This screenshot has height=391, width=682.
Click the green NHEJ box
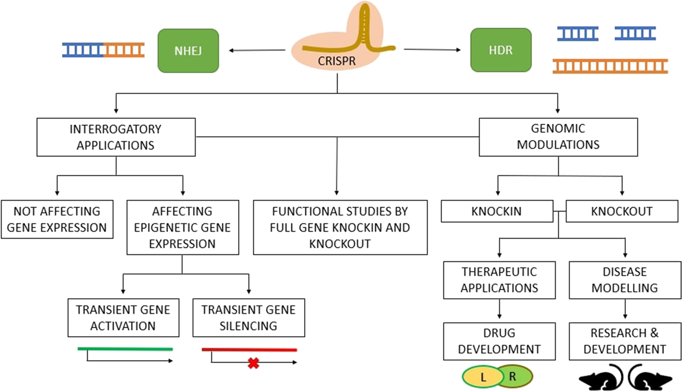[188, 51]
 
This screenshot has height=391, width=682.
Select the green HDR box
[501, 50]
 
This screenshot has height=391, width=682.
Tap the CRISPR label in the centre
[337, 61]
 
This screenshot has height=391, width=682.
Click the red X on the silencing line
[254, 363]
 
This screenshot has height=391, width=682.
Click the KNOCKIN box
[496, 211]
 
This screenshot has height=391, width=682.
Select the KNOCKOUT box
[622, 211]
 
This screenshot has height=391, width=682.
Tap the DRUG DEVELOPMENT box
[499, 341]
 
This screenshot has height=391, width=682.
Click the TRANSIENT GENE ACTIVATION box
[123, 318]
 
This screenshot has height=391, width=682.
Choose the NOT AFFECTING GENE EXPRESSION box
[57, 219]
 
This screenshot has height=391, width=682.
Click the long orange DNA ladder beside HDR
[610, 67]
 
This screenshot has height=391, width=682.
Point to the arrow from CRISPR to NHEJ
[257, 50]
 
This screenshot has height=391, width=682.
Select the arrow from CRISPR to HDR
[432, 50]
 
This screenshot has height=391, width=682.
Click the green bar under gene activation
[125, 349]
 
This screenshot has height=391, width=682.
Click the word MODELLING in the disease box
[624, 288]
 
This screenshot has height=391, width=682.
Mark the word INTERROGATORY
[115, 129]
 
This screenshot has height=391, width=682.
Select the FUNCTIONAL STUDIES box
[340, 227]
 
